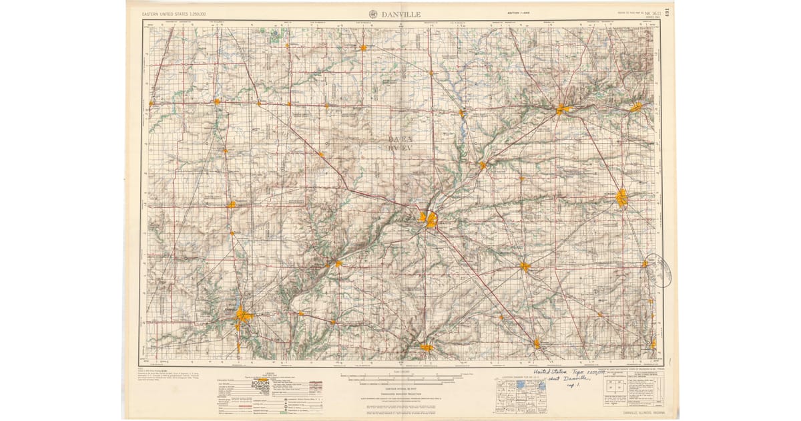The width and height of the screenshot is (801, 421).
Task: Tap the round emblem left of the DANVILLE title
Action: pyautogui.click(x=372, y=13)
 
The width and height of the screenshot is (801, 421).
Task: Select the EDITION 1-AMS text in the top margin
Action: pyautogui.click(x=518, y=13)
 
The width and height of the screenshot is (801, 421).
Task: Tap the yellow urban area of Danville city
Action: pyautogui.click(x=242, y=316)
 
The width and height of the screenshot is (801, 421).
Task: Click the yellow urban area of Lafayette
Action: pyautogui.click(x=427, y=219)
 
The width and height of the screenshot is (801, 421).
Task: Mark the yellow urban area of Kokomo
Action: pyautogui.click(x=621, y=197)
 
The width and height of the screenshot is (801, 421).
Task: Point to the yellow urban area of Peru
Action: pyautogui.click(x=636, y=107)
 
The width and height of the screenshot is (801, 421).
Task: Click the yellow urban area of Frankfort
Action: pyautogui.click(x=525, y=267)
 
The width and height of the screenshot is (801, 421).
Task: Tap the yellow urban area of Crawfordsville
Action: pyautogui.click(x=426, y=347)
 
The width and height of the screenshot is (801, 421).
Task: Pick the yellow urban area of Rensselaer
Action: pyautogui.click(x=363, y=47)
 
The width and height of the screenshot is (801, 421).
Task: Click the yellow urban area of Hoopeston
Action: pyautogui.click(x=231, y=205)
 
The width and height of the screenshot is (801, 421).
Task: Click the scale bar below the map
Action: pyautogui.click(x=400, y=378)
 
